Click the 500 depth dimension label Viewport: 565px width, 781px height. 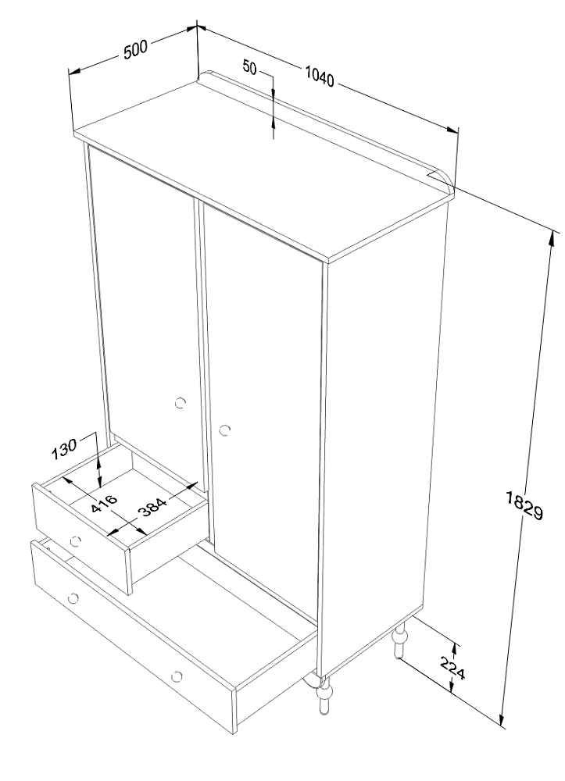tap(135, 50)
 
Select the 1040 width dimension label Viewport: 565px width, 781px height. tap(320, 77)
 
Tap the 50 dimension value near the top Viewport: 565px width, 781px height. tap(249, 66)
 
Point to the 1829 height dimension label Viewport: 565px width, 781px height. tap(524, 505)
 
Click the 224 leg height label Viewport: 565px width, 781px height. tap(453, 668)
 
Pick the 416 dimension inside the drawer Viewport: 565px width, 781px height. tap(105, 504)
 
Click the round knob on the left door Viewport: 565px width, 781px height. tap(181, 403)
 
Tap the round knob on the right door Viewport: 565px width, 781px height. tap(225, 430)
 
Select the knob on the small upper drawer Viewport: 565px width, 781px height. tap(76, 541)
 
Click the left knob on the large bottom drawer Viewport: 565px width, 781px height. tap(73, 597)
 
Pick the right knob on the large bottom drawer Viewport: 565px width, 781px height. tap(176, 676)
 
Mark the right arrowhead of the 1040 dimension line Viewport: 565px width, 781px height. tap(452, 130)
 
